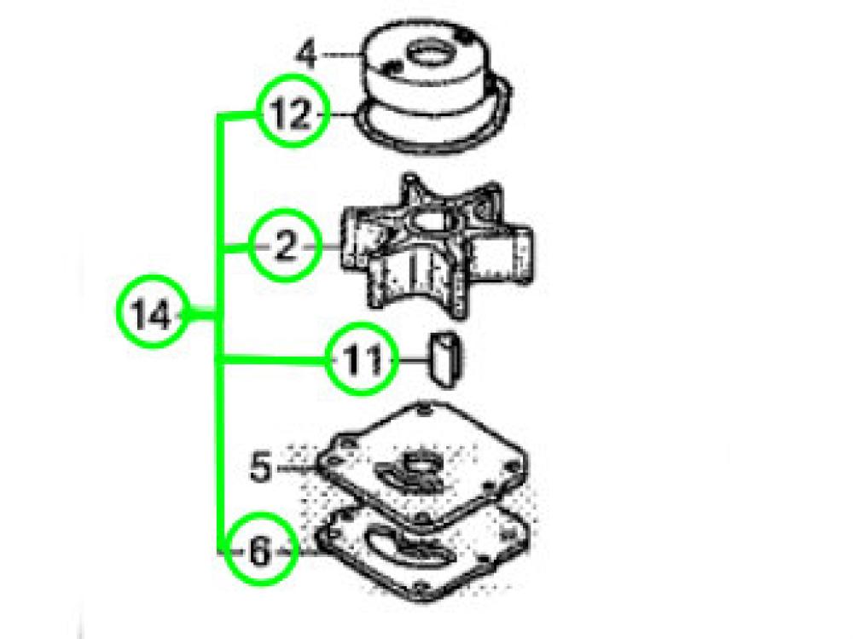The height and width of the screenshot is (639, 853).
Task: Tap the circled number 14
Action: [153, 317]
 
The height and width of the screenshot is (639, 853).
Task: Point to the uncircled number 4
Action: [305, 56]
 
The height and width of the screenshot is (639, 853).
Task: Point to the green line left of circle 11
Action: [273, 359]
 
